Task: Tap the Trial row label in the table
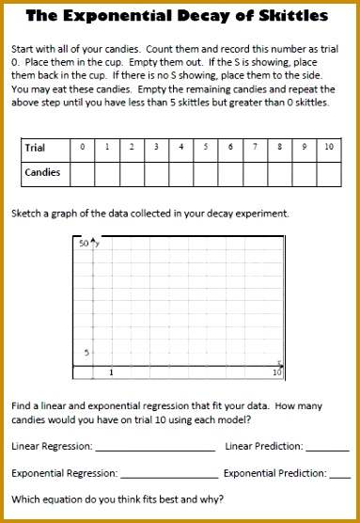point(36,148)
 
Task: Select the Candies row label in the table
point(41,173)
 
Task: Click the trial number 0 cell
point(83,148)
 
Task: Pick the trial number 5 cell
point(206,148)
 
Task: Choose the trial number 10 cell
point(328,148)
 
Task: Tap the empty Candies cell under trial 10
point(328,173)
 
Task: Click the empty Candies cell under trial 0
point(83,173)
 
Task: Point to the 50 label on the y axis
point(83,244)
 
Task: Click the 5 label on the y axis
point(86,353)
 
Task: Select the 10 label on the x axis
point(277,373)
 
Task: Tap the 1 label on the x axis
point(111,373)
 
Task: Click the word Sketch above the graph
point(26,214)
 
